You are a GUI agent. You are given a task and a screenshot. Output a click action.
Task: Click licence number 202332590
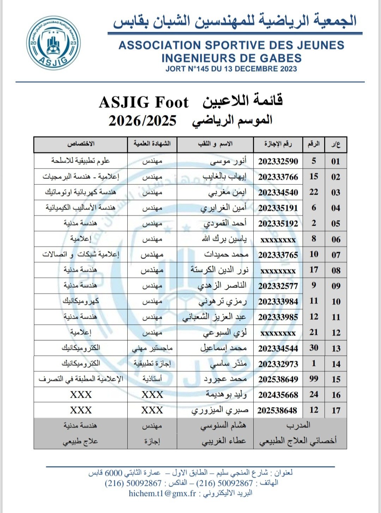click(278, 161)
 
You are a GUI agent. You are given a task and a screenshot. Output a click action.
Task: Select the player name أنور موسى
click(228, 161)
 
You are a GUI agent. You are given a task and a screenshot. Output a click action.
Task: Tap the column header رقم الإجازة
click(278, 144)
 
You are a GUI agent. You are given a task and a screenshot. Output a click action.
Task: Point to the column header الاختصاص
click(81, 144)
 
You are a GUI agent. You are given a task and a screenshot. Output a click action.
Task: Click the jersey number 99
click(314, 379)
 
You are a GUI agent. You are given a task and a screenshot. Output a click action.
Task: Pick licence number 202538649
click(278, 379)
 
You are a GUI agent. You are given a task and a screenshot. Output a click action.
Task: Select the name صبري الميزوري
click(220, 410)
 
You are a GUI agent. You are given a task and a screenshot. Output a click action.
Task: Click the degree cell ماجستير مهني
click(152, 348)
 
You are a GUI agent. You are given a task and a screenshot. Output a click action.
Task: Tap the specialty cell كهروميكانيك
click(81, 301)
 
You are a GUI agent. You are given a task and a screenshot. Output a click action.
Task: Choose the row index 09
click(336, 286)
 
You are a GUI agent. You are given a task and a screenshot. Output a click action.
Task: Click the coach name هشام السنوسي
click(223, 426)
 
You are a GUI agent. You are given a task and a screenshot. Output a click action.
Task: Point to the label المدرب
click(298, 426)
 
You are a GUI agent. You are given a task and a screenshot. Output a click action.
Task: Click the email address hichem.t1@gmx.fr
click(162, 494)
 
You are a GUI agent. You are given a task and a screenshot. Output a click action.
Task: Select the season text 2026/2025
click(142, 121)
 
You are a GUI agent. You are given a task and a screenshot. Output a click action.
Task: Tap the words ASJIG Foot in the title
click(144, 103)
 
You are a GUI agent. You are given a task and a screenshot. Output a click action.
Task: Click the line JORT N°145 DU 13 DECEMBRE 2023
click(231, 69)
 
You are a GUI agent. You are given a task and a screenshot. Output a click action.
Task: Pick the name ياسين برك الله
click(224, 239)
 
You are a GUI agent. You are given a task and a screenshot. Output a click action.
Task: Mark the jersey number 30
click(314, 348)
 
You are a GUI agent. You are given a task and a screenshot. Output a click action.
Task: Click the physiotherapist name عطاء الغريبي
click(224, 441)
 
